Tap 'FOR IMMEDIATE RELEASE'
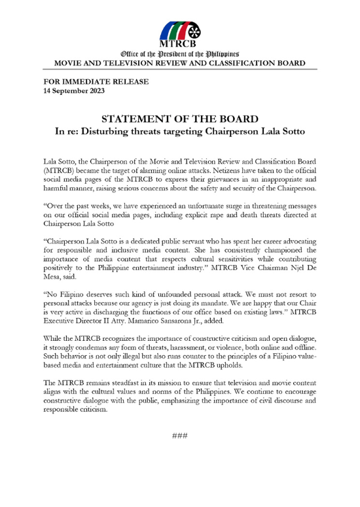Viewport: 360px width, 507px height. pos(96,82)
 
